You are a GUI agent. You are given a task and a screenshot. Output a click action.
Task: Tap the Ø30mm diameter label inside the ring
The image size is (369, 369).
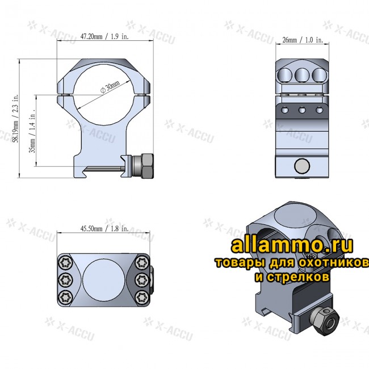point(110,88)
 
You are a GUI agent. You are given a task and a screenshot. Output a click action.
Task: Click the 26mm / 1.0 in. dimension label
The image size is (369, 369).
point(302,40)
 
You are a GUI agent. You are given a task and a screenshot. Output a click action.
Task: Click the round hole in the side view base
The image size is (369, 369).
point(303,166)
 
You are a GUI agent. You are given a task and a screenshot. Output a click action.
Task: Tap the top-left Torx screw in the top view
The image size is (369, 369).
point(65,262)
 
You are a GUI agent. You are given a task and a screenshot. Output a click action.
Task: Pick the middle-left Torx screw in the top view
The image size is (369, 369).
point(65,279)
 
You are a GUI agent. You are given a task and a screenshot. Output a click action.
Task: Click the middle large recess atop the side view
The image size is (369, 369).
point(303,74)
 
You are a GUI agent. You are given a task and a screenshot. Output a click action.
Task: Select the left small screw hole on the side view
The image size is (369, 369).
point(286,110)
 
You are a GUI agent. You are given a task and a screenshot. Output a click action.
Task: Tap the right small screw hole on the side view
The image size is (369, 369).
point(319,110)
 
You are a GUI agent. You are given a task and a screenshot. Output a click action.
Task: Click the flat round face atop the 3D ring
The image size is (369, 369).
point(291,216)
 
